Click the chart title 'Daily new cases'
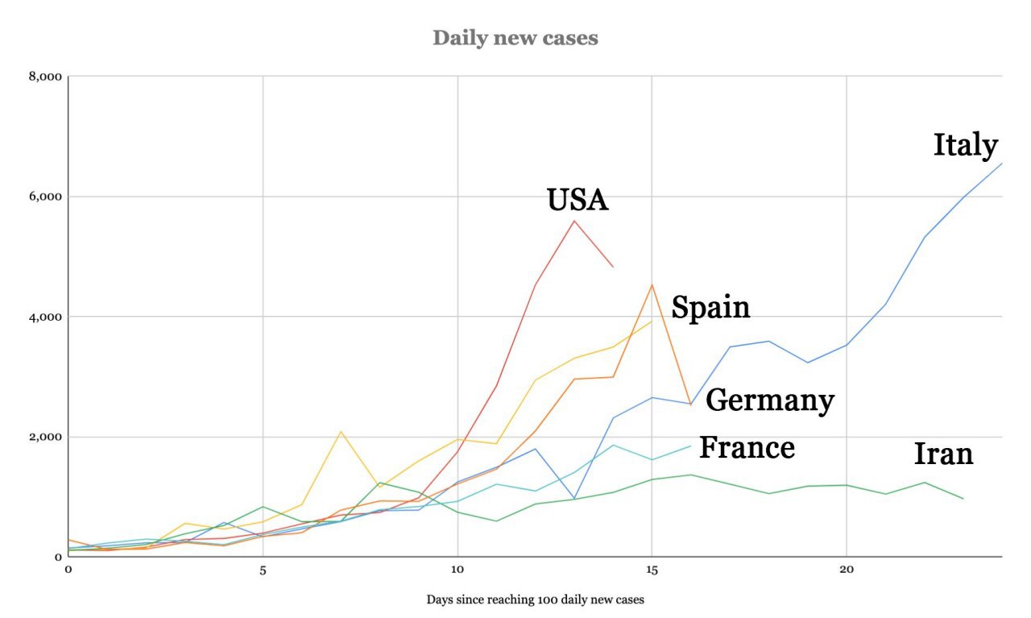pyautogui.click(x=515, y=38)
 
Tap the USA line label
pyautogui.click(x=578, y=200)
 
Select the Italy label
pyautogui.click(x=965, y=146)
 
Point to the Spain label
pyautogui.click(x=710, y=307)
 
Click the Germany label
pyautogui.click(x=769, y=400)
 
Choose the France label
pyautogui.click(x=747, y=447)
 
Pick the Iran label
pyautogui.click(x=943, y=454)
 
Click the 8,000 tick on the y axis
pyautogui.click(x=46, y=77)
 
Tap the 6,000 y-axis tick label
pyautogui.click(x=46, y=197)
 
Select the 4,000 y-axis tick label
pyautogui.click(x=46, y=317)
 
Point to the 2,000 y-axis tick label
pyautogui.click(x=46, y=437)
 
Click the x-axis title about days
pyautogui.click(x=535, y=599)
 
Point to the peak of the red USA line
pyautogui.click(x=574, y=221)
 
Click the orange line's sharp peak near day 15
pyautogui.click(x=652, y=284)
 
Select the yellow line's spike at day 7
pyautogui.click(x=341, y=432)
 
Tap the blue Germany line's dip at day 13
pyautogui.click(x=574, y=499)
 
